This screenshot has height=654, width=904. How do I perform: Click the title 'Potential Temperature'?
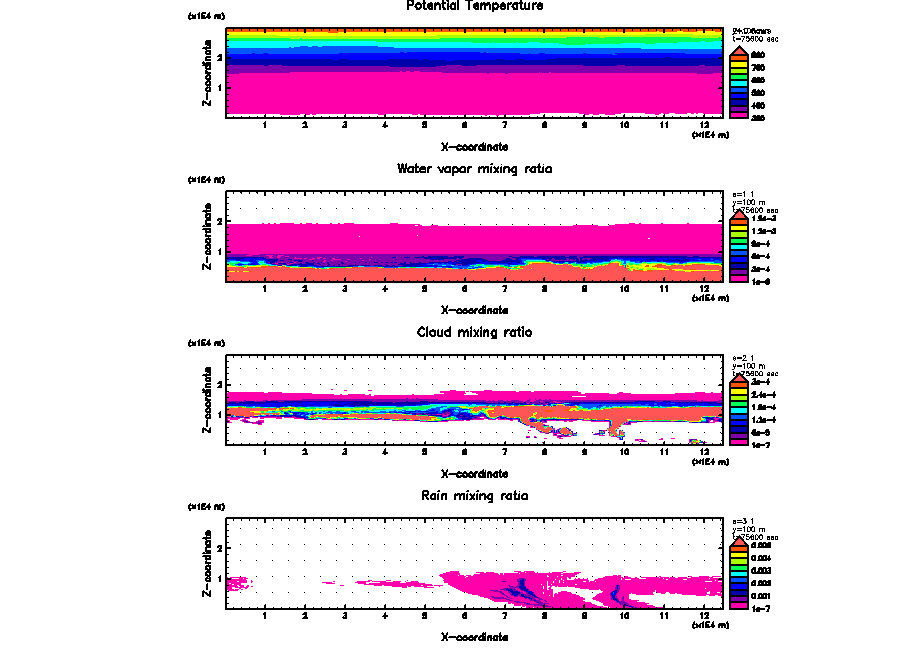474,7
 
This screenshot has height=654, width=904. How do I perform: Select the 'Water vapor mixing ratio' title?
474,169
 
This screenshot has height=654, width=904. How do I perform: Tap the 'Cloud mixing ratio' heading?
474,332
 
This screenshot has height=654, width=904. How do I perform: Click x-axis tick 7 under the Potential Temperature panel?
505,125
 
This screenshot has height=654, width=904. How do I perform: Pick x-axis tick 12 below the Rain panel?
706,616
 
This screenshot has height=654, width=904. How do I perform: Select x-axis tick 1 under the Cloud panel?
265,453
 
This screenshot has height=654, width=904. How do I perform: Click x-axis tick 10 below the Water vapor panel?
625,290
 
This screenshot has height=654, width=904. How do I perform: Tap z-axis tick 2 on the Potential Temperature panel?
219,57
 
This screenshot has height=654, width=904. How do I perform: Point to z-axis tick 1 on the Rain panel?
219,579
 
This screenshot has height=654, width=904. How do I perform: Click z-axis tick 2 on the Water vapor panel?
219,221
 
